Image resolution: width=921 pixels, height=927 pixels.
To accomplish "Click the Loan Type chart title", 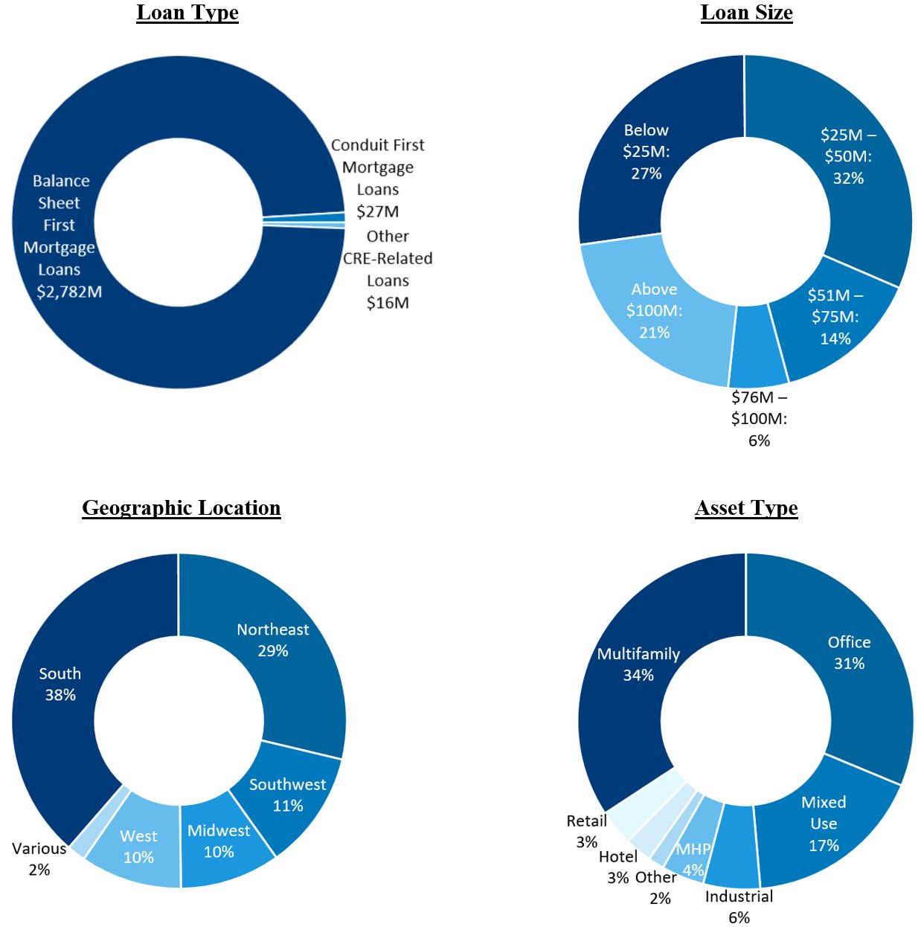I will click(x=187, y=13).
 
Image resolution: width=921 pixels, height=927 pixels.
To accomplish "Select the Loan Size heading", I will click(x=746, y=13).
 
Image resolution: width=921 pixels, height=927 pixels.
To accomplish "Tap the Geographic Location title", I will click(x=181, y=507).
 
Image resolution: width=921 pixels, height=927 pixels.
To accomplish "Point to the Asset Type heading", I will click(x=746, y=507).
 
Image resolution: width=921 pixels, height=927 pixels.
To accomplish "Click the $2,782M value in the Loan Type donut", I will click(x=69, y=292).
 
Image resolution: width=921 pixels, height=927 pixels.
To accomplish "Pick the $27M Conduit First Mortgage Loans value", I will click(x=378, y=211).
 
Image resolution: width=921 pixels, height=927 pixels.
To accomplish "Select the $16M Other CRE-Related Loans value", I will click(x=388, y=303).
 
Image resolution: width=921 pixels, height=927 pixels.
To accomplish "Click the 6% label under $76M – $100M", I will click(x=759, y=440).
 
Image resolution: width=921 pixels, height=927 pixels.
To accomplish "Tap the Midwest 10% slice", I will click(x=219, y=841).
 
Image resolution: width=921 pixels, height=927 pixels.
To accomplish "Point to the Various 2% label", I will click(x=39, y=859).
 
